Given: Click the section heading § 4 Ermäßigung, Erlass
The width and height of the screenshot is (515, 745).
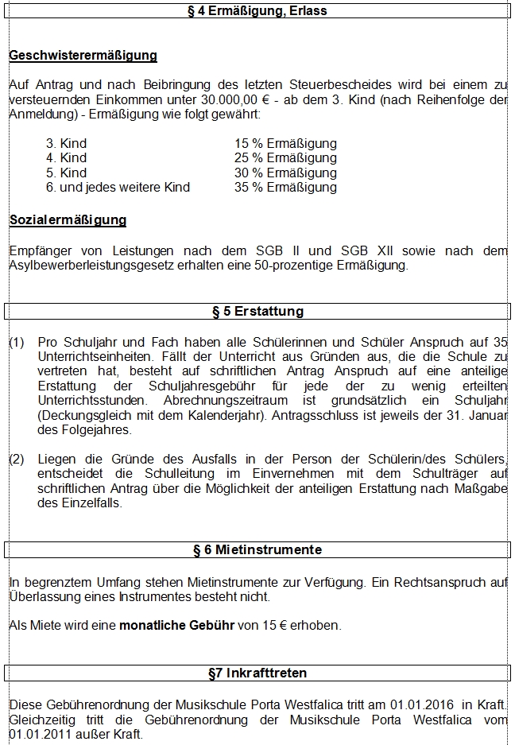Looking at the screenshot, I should click(x=257, y=11).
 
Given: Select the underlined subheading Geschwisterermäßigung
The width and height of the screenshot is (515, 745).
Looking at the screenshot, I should click(x=83, y=56).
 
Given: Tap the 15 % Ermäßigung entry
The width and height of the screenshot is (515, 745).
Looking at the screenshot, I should click(x=285, y=144).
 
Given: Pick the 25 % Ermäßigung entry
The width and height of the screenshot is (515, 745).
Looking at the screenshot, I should click(x=285, y=158).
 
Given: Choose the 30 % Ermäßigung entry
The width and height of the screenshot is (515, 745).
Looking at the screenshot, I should click(x=285, y=173).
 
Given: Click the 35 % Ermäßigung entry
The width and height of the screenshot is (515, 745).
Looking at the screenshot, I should click(x=285, y=188).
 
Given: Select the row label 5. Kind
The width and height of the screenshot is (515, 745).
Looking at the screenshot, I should click(x=66, y=173).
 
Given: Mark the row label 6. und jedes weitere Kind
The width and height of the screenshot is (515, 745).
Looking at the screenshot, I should click(x=118, y=188).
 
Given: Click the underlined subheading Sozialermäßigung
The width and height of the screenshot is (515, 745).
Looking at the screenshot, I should click(x=68, y=220).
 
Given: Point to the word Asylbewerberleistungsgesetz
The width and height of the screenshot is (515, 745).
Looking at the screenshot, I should click(x=89, y=266).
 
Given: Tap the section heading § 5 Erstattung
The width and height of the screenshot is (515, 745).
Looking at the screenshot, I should click(x=257, y=311).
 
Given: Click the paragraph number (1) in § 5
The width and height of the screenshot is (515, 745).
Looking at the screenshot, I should click(x=17, y=342).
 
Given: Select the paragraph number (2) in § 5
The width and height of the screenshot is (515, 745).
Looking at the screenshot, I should click(x=17, y=460).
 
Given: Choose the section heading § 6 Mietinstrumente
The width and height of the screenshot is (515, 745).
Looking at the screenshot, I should click(x=257, y=549).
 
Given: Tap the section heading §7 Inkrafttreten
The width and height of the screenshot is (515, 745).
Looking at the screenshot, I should click(x=257, y=673).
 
